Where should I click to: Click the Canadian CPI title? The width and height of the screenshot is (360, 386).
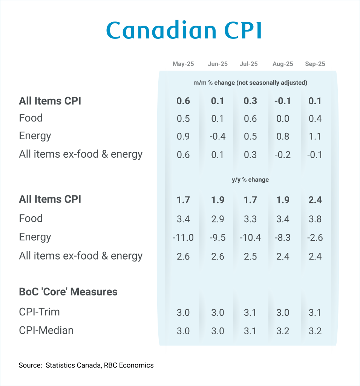coord(184,31)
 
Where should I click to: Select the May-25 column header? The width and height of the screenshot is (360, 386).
coord(183,64)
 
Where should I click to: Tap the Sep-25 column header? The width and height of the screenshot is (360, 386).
coord(315,64)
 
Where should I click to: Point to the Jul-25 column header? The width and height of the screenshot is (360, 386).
coord(249,64)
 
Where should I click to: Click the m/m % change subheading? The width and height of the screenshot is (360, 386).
coord(250,83)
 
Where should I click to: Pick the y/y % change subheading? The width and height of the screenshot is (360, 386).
coord(250,180)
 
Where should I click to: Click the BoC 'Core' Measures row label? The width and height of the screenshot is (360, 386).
coord(68,292)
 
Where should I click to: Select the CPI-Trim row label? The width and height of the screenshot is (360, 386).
coord(40,312)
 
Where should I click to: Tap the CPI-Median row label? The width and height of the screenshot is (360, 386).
coord(46,331)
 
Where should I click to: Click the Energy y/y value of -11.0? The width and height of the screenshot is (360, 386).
coord(183,238)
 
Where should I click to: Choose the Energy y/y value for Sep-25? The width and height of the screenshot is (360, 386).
coord(315,238)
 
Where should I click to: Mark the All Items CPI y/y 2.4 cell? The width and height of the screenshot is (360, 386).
coord(315,200)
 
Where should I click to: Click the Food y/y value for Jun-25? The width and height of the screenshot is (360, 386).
coord(218,219)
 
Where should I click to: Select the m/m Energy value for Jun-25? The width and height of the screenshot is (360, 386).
coord(218,137)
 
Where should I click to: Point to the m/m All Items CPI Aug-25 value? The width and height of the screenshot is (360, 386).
coord(283,101)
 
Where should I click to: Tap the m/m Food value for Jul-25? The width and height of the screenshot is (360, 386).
coord(250,119)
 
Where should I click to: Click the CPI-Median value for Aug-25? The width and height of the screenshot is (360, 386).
coord(283,331)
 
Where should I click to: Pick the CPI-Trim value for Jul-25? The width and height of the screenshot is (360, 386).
coord(250,312)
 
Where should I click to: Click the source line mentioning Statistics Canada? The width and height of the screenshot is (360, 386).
coord(86,365)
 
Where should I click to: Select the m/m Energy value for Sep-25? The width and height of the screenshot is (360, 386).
coord(315,137)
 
